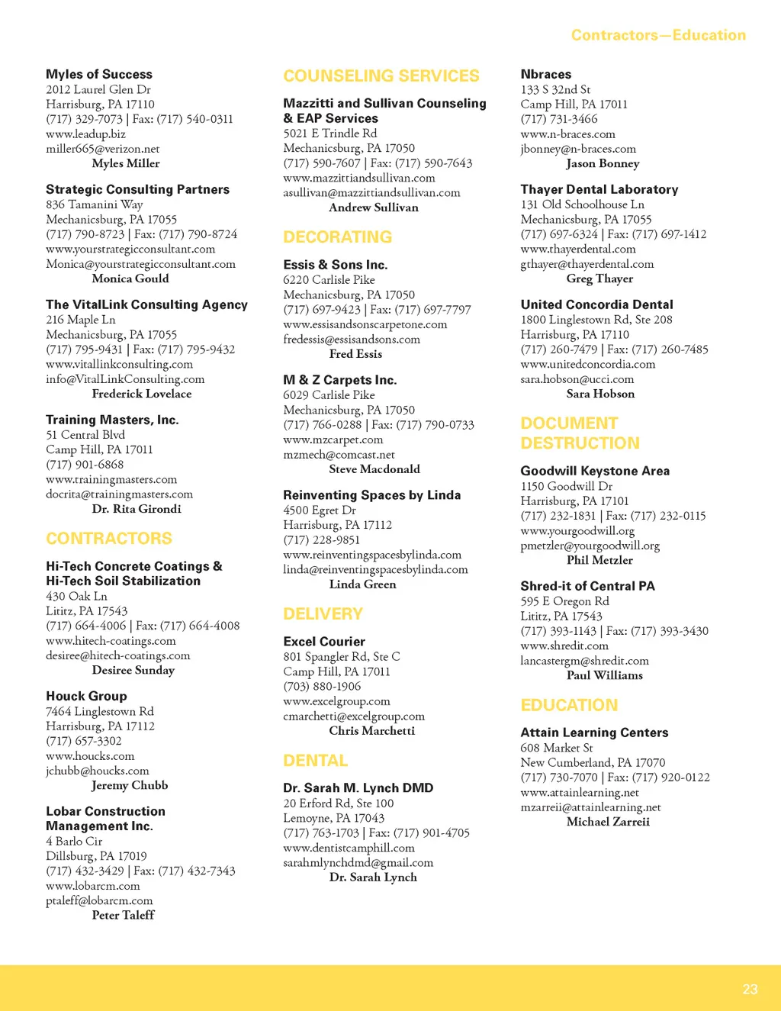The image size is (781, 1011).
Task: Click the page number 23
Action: [750, 989]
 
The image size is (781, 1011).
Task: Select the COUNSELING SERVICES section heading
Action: [381, 76]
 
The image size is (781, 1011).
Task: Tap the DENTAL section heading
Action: [315, 761]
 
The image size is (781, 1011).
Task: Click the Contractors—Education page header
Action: [658, 35]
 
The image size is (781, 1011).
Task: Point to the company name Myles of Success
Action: [99, 74]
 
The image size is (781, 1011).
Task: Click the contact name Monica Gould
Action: [130, 279]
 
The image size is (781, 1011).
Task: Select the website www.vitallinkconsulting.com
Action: [119, 364]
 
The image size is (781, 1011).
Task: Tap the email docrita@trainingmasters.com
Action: [119, 494]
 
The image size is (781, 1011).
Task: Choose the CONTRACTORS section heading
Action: [109, 539]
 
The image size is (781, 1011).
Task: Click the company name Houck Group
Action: [86, 696]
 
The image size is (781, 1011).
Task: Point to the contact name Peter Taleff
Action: [123, 915]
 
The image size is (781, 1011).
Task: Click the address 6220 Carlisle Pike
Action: [329, 280]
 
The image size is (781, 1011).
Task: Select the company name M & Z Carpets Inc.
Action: [340, 380]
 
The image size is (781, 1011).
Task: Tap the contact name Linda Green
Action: [362, 584]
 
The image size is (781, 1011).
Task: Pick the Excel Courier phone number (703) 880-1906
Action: [322, 686]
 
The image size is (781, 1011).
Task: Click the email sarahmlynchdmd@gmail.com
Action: [358, 862]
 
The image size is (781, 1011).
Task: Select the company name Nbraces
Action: [546, 74]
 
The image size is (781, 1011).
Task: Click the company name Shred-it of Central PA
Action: [587, 586]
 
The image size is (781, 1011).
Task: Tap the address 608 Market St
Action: [557, 748]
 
